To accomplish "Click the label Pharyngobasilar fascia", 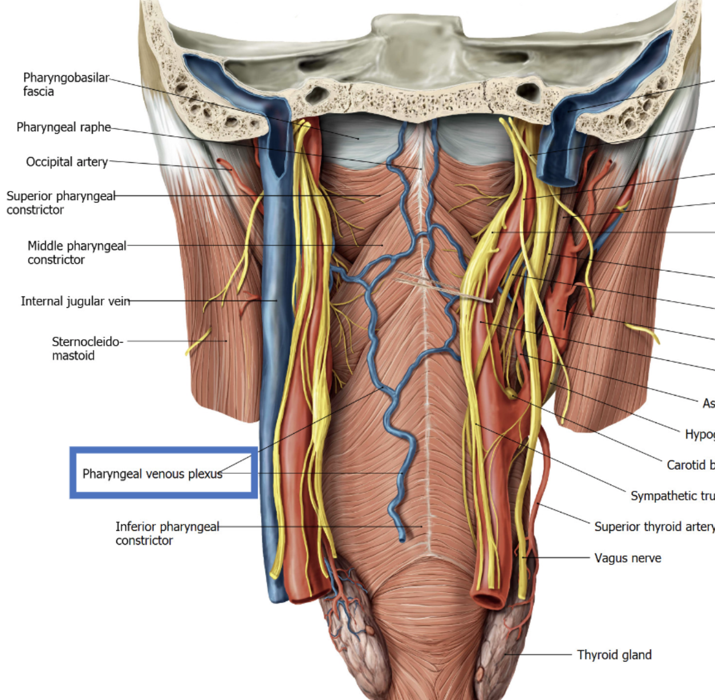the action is [66, 84].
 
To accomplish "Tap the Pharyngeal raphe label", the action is [63, 127].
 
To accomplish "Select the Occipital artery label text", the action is [67, 162].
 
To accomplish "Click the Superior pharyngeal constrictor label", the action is [60, 203].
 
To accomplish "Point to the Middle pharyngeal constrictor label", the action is [76, 253].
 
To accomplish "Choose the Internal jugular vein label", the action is [75, 301].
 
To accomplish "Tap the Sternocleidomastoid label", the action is [87, 348].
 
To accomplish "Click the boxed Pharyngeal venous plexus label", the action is [152, 474].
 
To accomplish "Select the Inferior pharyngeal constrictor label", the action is [166, 533].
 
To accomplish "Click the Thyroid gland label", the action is [614, 655].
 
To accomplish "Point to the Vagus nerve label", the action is [627, 558].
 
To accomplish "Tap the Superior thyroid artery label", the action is [653, 527].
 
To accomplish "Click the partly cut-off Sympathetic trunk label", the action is [672, 496].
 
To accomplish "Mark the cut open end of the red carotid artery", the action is [489, 600].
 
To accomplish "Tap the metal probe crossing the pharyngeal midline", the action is [445, 287].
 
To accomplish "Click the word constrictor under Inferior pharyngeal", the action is [144, 540].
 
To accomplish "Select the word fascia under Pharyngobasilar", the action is [38, 92].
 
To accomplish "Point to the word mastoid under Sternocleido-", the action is [73, 356].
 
